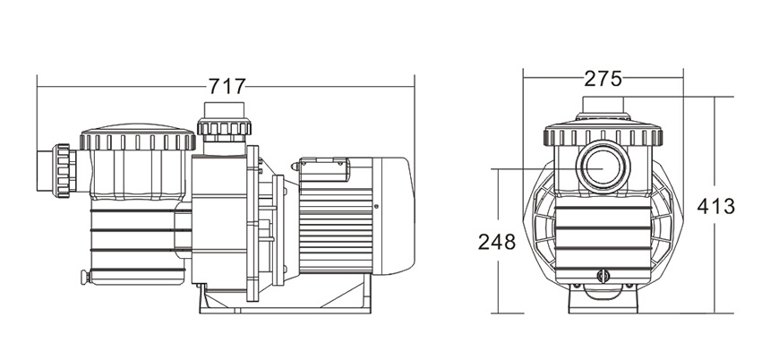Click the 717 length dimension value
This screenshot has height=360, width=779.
[x=227, y=86]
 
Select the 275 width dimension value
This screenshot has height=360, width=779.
[x=603, y=79]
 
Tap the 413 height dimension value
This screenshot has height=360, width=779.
[x=715, y=206]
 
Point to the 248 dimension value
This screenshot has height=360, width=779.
[x=497, y=243]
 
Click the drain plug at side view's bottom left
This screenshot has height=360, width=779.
[x=85, y=277]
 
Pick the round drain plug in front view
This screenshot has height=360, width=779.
[x=603, y=276]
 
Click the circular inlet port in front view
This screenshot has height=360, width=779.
[x=603, y=167]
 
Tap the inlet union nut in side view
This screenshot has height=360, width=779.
[x=64, y=171]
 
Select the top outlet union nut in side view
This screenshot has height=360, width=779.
[x=224, y=127]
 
